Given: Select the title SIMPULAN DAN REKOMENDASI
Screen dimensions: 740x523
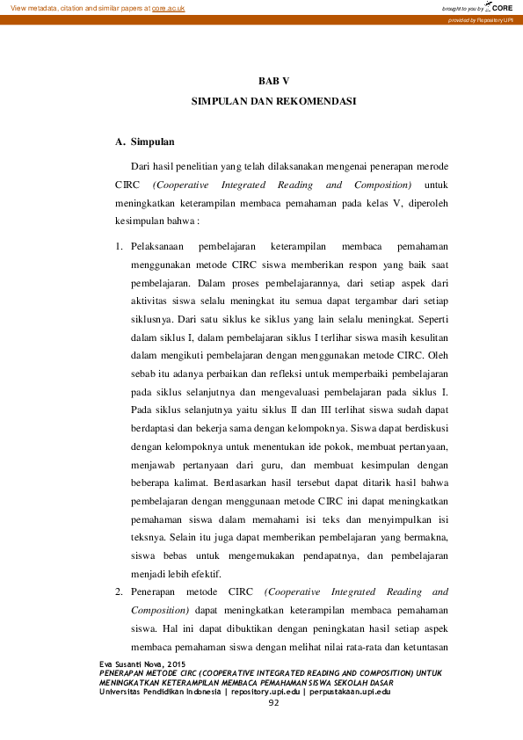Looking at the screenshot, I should point(273,102).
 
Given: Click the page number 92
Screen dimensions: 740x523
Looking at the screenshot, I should point(273,702).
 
